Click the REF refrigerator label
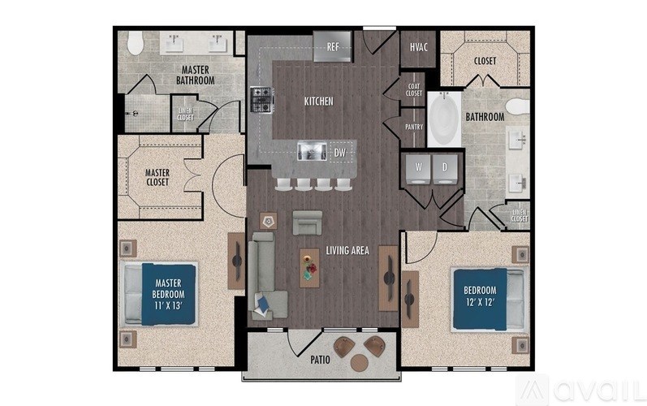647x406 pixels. (332, 47)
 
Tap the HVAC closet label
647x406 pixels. (419, 47)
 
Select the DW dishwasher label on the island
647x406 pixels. (339, 151)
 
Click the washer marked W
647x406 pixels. (420, 168)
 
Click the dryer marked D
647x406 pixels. (445, 168)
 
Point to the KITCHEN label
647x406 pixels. (318, 101)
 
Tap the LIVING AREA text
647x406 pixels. (347, 251)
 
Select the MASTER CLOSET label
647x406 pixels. (157, 177)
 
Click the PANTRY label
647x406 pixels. (414, 127)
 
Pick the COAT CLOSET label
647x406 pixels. (414, 90)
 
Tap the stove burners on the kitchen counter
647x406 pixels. (261, 100)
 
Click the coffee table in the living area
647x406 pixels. (309, 265)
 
